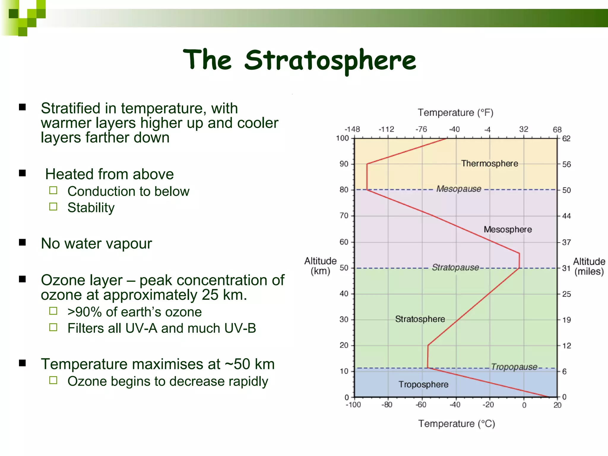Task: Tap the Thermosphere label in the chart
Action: [x=489, y=164]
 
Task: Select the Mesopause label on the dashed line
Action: [x=459, y=189]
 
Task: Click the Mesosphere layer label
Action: [x=508, y=229]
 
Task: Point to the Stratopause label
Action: [x=455, y=267]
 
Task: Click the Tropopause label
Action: [x=514, y=367]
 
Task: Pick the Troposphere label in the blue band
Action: [x=423, y=384]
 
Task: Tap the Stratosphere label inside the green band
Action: [x=420, y=319]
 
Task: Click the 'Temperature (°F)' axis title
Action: [x=455, y=113]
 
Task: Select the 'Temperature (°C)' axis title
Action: [x=457, y=424]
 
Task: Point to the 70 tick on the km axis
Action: [x=344, y=216]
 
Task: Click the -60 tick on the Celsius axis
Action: [x=421, y=405]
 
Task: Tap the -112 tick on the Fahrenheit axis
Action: [x=387, y=129]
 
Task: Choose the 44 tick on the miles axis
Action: [x=566, y=216]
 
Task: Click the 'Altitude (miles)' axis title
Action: [x=589, y=267]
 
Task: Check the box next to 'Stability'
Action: [x=53, y=207]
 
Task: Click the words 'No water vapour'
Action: [x=96, y=244]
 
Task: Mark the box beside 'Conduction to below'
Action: [x=53, y=190]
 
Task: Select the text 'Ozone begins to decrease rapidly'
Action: [x=168, y=381]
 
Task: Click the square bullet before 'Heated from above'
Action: [x=23, y=173]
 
